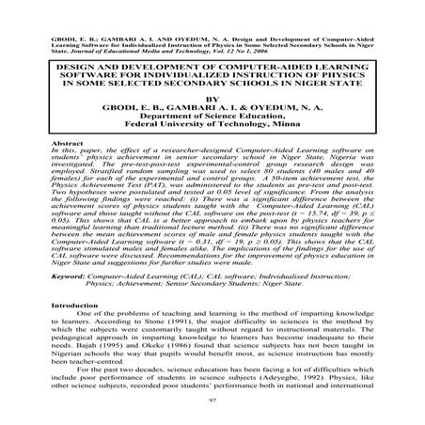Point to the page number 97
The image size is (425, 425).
coord(212,401)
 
